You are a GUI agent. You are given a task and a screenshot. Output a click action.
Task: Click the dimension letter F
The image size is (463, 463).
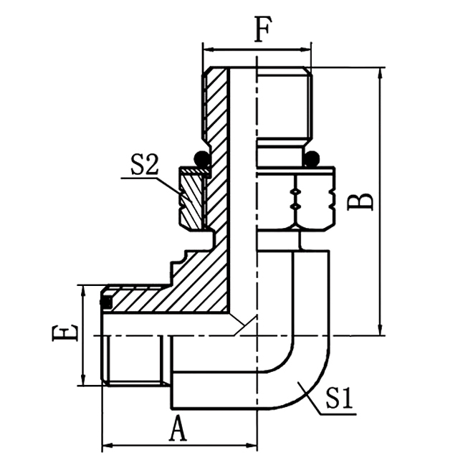pyautogui.click(x=262, y=29)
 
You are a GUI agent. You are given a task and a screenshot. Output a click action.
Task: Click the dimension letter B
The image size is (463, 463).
pyautogui.click(x=361, y=202)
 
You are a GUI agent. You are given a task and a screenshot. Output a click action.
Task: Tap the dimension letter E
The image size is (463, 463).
pyautogui.click(x=65, y=333)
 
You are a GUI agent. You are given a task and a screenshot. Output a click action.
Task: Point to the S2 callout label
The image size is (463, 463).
pyautogui.click(x=144, y=164)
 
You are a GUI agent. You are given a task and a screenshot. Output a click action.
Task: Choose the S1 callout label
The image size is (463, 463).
pyautogui.click(x=340, y=398)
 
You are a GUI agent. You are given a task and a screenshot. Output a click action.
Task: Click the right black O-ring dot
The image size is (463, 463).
pyautogui.click(x=312, y=158)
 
